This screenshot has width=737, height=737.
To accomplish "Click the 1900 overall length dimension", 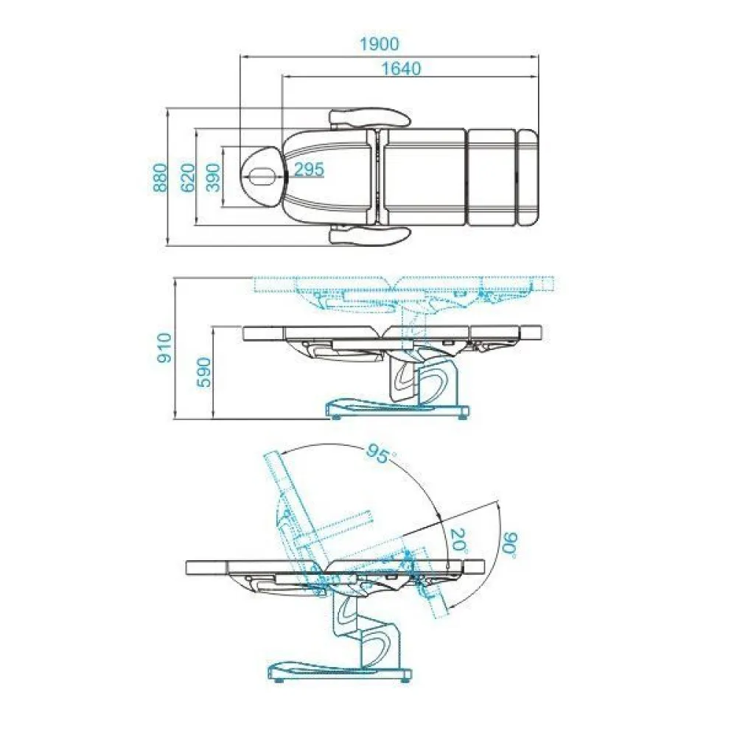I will click(379, 43).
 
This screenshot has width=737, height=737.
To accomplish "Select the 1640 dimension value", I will click(401, 69).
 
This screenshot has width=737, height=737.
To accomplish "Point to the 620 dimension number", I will click(187, 178).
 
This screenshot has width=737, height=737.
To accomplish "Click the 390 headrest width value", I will click(214, 178).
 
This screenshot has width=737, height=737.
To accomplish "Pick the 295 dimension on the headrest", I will click(309, 170).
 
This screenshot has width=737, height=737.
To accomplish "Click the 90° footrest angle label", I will click(509, 545).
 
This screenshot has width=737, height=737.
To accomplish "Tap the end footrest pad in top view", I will click(528, 176).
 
